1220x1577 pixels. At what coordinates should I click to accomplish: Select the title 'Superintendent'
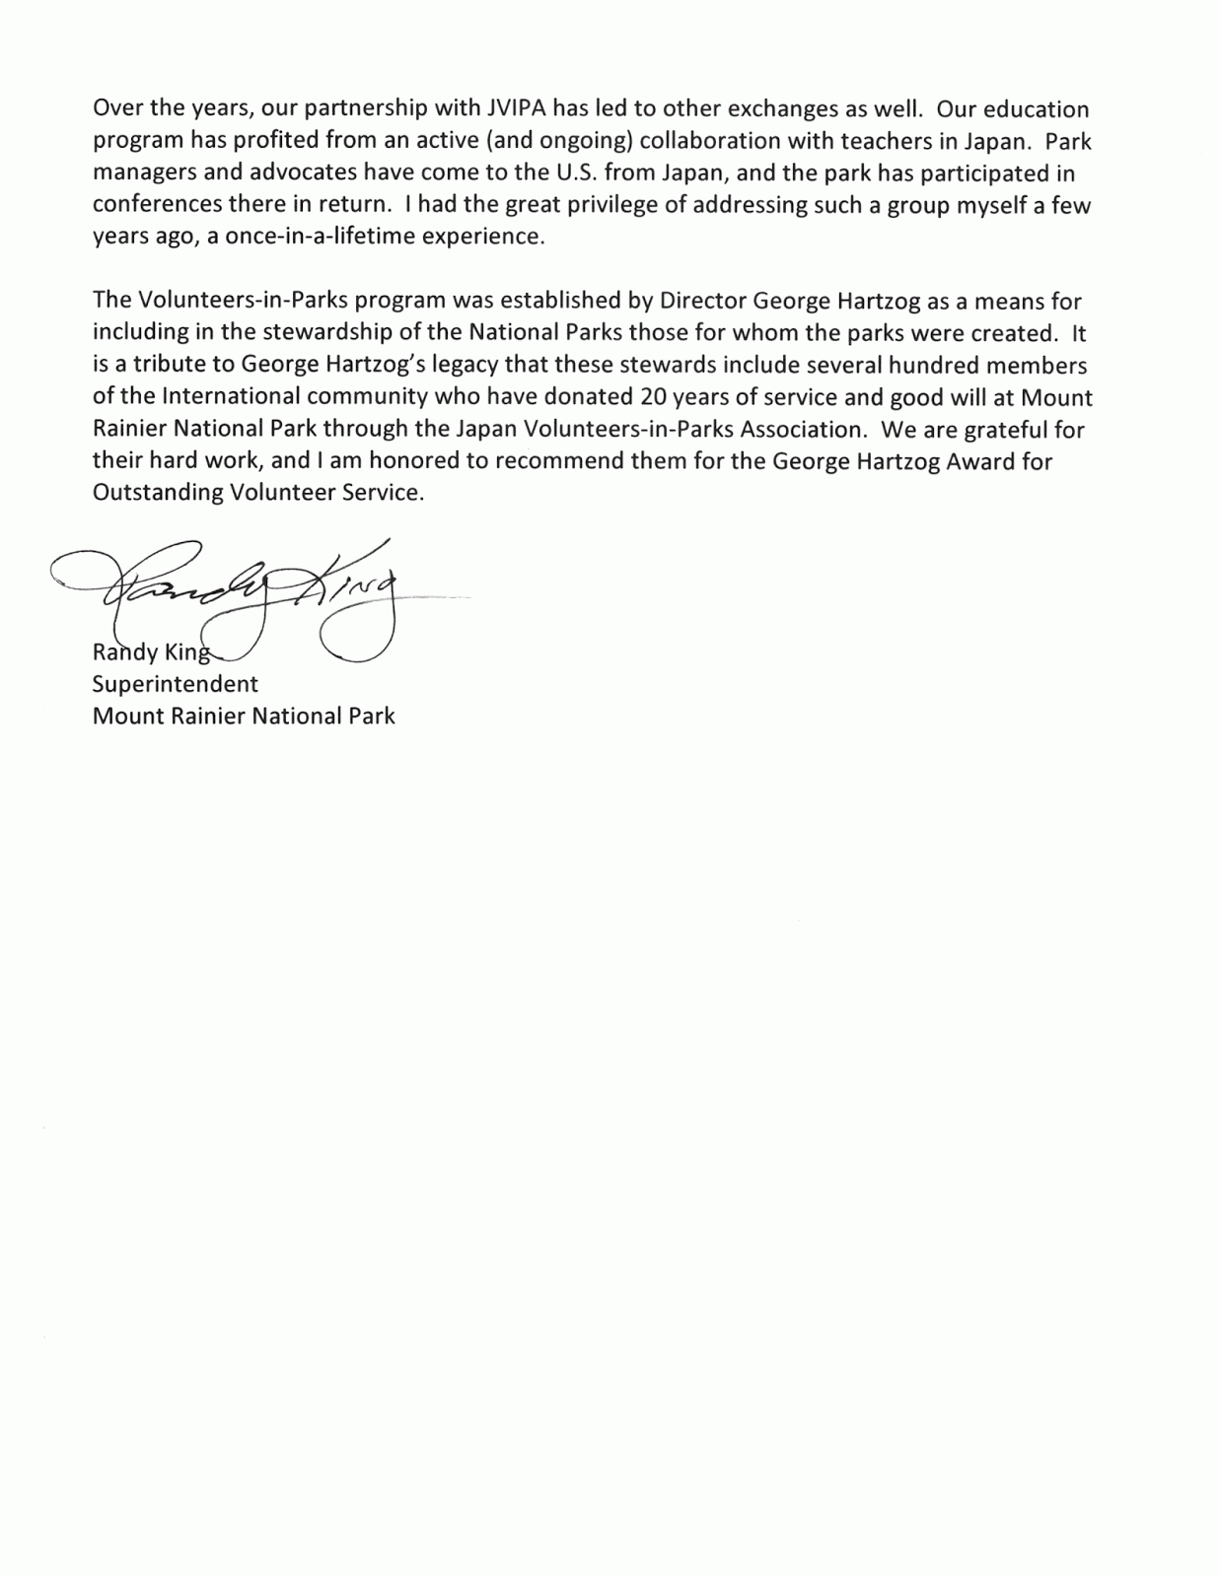point(176,684)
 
